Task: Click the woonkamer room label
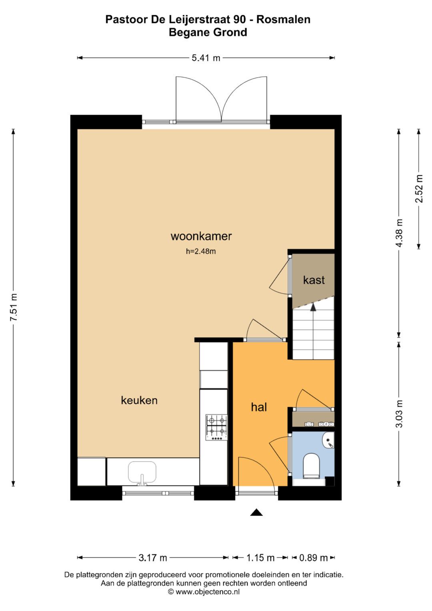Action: pyautogui.click(x=201, y=236)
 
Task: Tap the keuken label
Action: pyautogui.click(x=139, y=400)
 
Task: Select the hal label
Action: pyautogui.click(x=259, y=407)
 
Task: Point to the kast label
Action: pyautogui.click(x=314, y=280)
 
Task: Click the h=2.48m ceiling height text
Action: pyautogui.click(x=201, y=252)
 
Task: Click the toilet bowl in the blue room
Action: pyautogui.click(x=312, y=465)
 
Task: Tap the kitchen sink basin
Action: pyautogui.click(x=142, y=472)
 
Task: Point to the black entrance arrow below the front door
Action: pyautogui.click(x=256, y=513)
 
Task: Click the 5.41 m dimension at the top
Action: pyautogui.click(x=206, y=58)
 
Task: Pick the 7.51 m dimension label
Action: pyautogui.click(x=14, y=307)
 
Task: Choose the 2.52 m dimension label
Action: pyautogui.click(x=419, y=189)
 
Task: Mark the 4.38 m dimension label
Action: pyautogui.click(x=399, y=233)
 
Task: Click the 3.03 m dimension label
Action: pyautogui.click(x=399, y=414)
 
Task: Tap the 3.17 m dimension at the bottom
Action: pyautogui.click(x=153, y=557)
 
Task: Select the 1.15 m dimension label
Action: pyautogui.click(x=260, y=557)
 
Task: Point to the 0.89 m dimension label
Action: pyautogui.click(x=314, y=557)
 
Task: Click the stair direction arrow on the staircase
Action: pyautogui.click(x=313, y=307)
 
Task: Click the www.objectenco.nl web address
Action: pyautogui.click(x=208, y=592)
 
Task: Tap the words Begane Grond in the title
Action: pyautogui.click(x=208, y=32)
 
